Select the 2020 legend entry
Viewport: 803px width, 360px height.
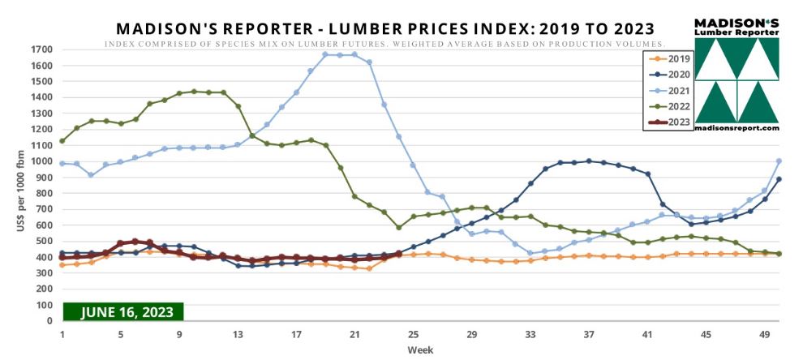[670, 74]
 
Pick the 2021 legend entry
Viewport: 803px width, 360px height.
[670, 90]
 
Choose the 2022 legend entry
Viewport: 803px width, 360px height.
[670, 106]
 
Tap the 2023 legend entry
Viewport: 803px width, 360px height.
[670, 122]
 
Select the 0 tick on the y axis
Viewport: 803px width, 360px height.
[49, 321]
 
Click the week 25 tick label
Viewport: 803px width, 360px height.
[413, 333]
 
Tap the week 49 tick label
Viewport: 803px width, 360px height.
[763, 333]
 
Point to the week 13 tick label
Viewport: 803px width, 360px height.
[238, 333]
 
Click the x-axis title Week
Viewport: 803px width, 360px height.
[419, 349]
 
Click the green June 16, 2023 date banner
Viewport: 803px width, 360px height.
[124, 311]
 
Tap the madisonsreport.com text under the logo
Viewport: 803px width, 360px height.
[736, 128]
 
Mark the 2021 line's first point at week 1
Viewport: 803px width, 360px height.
[62, 163]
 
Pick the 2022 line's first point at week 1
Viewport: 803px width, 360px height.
[62, 141]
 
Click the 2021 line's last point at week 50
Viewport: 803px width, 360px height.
[779, 161]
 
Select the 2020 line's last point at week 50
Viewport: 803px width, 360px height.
[779, 179]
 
